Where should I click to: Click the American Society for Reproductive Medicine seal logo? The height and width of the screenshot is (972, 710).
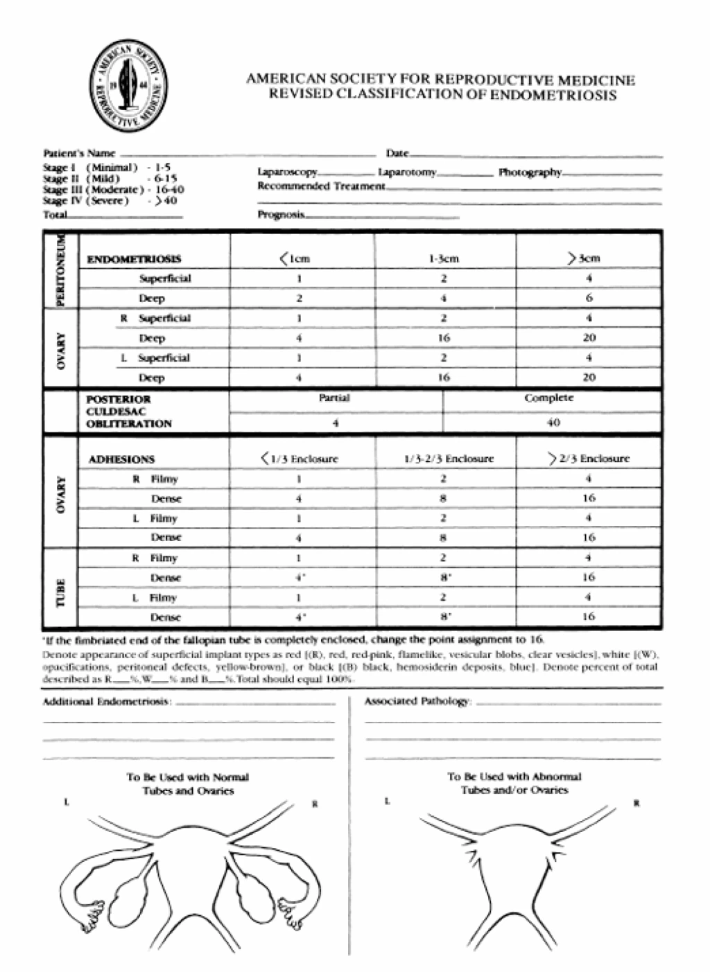click(128, 89)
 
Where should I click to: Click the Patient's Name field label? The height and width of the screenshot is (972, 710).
click(79, 152)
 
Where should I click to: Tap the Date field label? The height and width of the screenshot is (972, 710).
click(397, 152)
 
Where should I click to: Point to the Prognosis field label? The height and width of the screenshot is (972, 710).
click(281, 215)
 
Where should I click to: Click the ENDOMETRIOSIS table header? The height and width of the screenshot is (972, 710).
click(135, 259)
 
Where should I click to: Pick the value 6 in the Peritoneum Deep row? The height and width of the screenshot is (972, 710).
click(589, 299)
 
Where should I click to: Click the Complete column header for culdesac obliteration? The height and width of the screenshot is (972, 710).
click(549, 398)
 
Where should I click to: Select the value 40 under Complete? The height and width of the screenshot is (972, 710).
click(553, 423)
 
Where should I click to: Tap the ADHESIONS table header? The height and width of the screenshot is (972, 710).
click(121, 459)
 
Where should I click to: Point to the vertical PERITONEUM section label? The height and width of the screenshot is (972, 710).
click(61, 269)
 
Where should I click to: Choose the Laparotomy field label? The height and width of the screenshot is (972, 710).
click(407, 172)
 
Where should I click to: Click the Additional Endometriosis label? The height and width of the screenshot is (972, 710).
click(106, 702)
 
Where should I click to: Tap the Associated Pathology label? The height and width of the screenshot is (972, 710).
click(417, 702)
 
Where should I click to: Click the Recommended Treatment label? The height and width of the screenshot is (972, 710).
click(320, 186)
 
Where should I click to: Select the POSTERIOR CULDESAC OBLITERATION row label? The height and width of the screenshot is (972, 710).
click(128, 412)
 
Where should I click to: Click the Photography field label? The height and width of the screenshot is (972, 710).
click(530, 172)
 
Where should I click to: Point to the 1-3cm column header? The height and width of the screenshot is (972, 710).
click(444, 259)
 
